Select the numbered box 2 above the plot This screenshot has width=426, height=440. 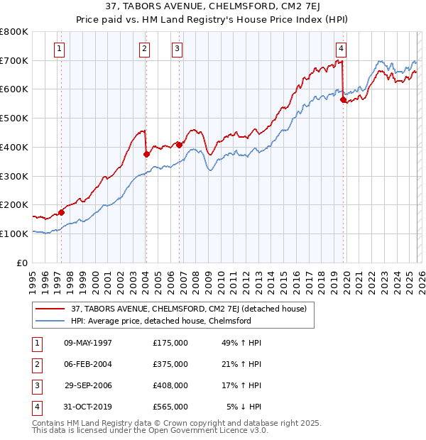click(x=144, y=49)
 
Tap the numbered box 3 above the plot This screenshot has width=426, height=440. click(x=177, y=49)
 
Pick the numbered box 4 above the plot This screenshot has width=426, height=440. click(x=342, y=49)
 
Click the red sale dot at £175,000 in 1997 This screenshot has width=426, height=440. click(x=62, y=211)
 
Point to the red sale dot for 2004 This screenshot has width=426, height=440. click(x=146, y=153)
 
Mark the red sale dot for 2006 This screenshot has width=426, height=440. click(x=179, y=144)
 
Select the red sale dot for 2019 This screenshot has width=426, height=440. click(x=344, y=100)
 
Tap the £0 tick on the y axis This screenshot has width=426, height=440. click(x=23, y=263)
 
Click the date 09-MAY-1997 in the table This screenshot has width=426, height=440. click(x=88, y=343)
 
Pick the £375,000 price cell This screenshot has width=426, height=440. click(x=170, y=364)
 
